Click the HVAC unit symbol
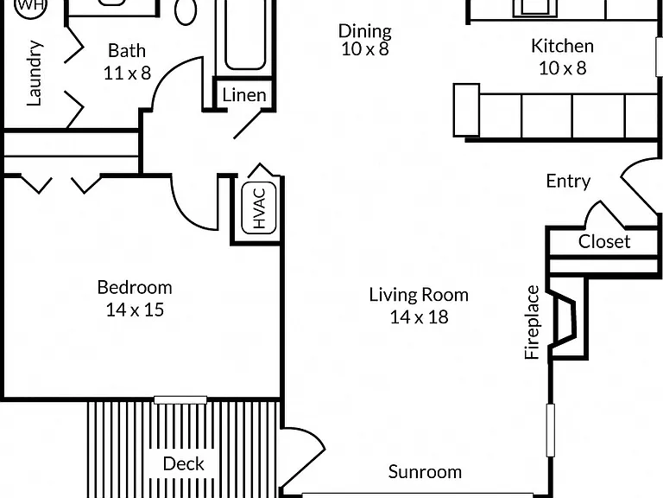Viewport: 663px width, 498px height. tap(259, 207)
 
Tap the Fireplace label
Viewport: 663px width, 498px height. tap(532, 322)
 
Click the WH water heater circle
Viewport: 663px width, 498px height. tap(31, 6)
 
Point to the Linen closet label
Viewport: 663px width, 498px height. tap(244, 95)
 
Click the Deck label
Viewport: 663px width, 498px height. tap(184, 463)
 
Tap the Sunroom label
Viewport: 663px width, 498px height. tap(425, 472)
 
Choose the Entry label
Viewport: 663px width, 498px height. tap(568, 182)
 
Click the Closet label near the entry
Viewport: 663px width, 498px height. tap(604, 242)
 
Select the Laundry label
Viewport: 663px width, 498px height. tap(35, 73)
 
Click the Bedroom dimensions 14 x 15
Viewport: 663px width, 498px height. tap(135, 310)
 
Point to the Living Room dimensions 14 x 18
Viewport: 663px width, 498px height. tap(419, 317)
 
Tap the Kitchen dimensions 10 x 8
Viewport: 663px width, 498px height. tap(562, 68)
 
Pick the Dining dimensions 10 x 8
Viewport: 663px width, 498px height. tap(365, 49)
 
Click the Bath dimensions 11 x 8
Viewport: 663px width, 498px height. tap(127, 73)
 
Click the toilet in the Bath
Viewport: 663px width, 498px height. tap(186, 11)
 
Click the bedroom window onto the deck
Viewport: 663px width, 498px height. tap(180, 400)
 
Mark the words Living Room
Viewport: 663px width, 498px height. tap(419, 295)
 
